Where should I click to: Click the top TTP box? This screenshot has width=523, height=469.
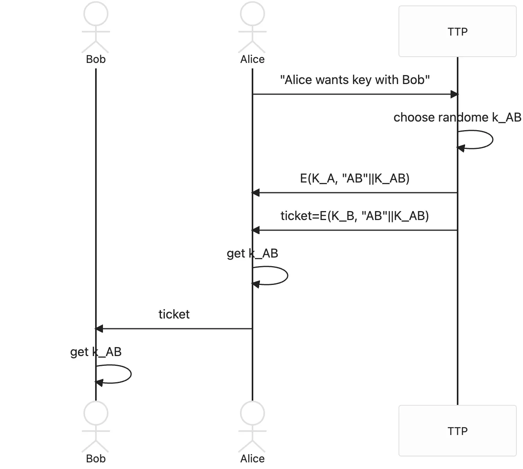tap(457, 31)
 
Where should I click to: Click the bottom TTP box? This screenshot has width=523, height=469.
tap(457, 431)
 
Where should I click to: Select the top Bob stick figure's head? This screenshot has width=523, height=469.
tap(96, 13)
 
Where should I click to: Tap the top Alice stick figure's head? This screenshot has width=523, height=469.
tap(252, 13)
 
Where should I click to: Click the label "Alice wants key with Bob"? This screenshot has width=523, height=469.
tap(355, 80)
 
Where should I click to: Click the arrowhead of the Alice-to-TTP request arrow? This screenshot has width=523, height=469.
tap(454, 94)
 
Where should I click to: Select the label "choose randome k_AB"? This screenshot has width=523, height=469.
tap(457, 117)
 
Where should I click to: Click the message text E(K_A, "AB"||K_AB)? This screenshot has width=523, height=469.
tap(355, 179)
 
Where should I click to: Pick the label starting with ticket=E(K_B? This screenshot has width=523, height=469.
tap(355, 216)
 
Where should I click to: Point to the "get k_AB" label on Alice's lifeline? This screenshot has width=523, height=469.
tap(252, 254)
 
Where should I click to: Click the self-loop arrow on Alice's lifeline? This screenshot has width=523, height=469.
tap(287, 276)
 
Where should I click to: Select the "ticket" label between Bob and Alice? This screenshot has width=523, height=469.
tap(174, 314)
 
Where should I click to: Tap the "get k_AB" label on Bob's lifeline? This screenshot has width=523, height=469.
tap(96, 352)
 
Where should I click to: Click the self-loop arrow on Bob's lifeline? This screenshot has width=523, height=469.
tap(130, 374)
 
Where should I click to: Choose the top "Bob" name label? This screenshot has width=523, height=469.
tap(96, 59)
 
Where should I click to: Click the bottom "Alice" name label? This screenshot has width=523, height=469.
tap(252, 459)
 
